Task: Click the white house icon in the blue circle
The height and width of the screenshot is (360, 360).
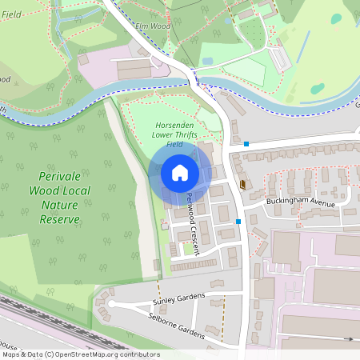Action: (x=180, y=173)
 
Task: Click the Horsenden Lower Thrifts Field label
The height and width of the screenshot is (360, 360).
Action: (x=174, y=134)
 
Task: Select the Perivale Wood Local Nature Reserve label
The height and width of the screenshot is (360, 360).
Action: (x=60, y=197)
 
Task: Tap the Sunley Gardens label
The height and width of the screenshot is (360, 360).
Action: (x=178, y=299)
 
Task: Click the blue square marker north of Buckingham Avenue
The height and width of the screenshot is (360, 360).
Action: (x=246, y=145)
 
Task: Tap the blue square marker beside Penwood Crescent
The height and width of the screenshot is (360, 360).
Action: (x=238, y=222)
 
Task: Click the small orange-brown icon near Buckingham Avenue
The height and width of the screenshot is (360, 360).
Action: (x=242, y=184)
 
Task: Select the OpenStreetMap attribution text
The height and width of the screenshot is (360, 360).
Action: (x=80, y=354)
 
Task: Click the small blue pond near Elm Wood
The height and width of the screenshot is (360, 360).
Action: (x=208, y=61)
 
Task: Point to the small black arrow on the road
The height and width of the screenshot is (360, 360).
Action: (x=348, y=339)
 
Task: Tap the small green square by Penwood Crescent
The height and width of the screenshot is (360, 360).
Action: (x=189, y=249)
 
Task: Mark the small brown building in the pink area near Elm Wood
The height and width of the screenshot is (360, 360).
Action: (x=83, y=60)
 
